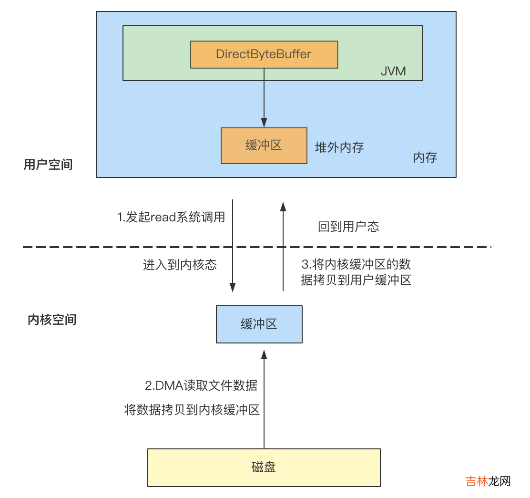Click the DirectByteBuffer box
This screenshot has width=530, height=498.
[x=264, y=54]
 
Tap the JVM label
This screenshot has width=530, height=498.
[x=393, y=71]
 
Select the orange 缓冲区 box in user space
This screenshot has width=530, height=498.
[x=264, y=145]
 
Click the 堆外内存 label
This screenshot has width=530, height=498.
[x=339, y=147]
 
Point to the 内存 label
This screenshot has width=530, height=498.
[x=425, y=157]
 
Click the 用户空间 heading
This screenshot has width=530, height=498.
[x=48, y=165]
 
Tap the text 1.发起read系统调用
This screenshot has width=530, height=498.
[x=171, y=218]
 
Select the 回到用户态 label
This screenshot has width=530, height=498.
[x=348, y=226]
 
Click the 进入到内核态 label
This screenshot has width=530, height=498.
[x=180, y=265]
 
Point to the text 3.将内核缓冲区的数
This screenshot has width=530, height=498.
[x=357, y=264]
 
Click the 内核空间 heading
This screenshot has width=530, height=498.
[x=52, y=320]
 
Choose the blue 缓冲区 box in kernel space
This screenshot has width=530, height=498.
[x=259, y=324]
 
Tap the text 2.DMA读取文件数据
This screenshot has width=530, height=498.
[x=201, y=385]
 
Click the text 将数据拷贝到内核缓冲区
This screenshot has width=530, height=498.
[x=192, y=410]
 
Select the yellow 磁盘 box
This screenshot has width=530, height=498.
[x=264, y=467]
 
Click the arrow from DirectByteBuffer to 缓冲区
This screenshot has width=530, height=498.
[x=264, y=98]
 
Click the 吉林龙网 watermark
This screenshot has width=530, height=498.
[x=488, y=481]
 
